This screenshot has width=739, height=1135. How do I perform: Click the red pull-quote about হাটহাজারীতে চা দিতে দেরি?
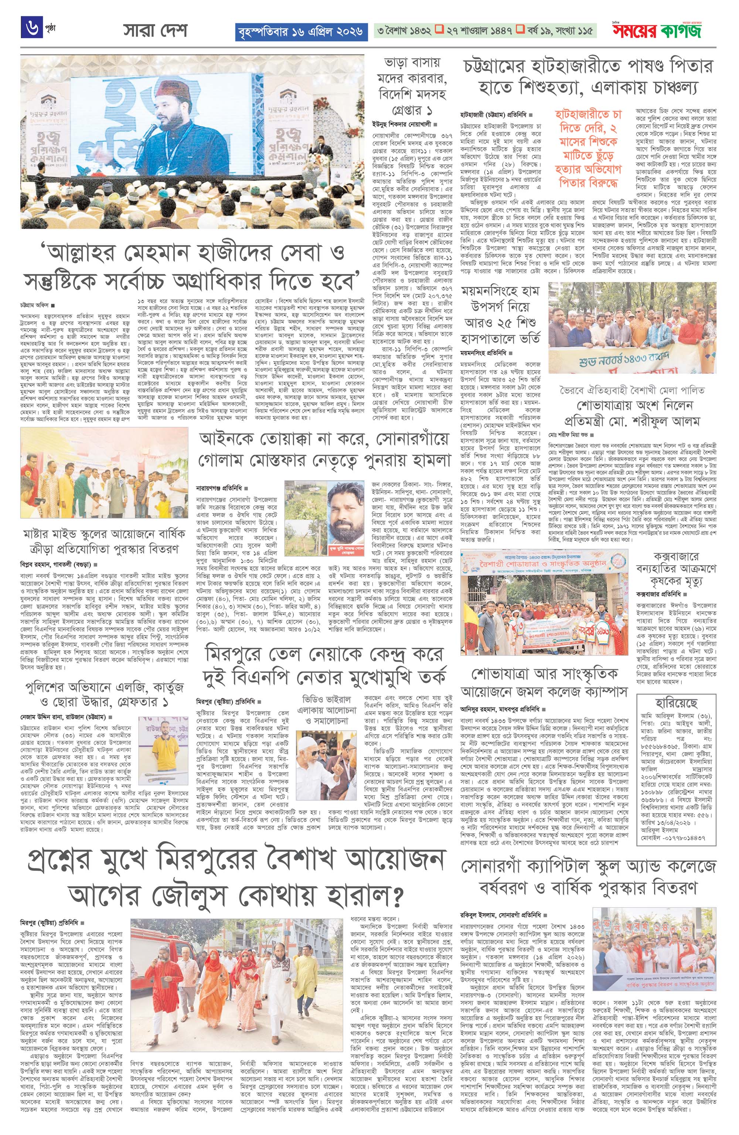[588, 148]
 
